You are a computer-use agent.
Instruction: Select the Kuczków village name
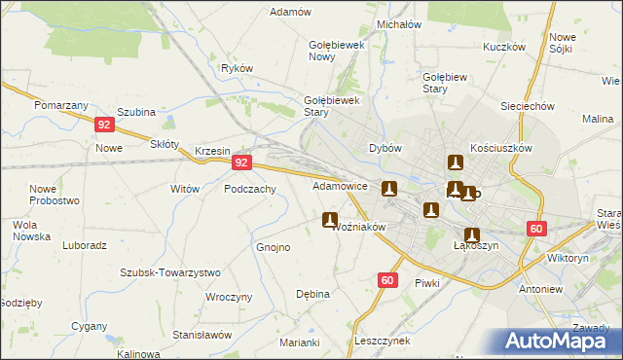click(x=503, y=47)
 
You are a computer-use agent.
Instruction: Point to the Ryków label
click(x=238, y=68)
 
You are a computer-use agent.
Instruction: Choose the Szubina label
click(x=136, y=112)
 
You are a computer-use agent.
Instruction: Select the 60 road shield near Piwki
click(x=387, y=280)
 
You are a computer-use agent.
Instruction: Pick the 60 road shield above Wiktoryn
click(x=536, y=229)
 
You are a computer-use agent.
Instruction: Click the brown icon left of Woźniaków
click(x=330, y=221)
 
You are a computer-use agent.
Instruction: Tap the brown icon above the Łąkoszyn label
click(x=472, y=234)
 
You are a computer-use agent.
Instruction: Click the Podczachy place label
click(x=250, y=190)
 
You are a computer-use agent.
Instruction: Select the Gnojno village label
click(x=273, y=247)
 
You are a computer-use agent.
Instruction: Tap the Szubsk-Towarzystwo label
click(x=170, y=272)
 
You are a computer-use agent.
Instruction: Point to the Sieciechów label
click(x=526, y=106)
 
